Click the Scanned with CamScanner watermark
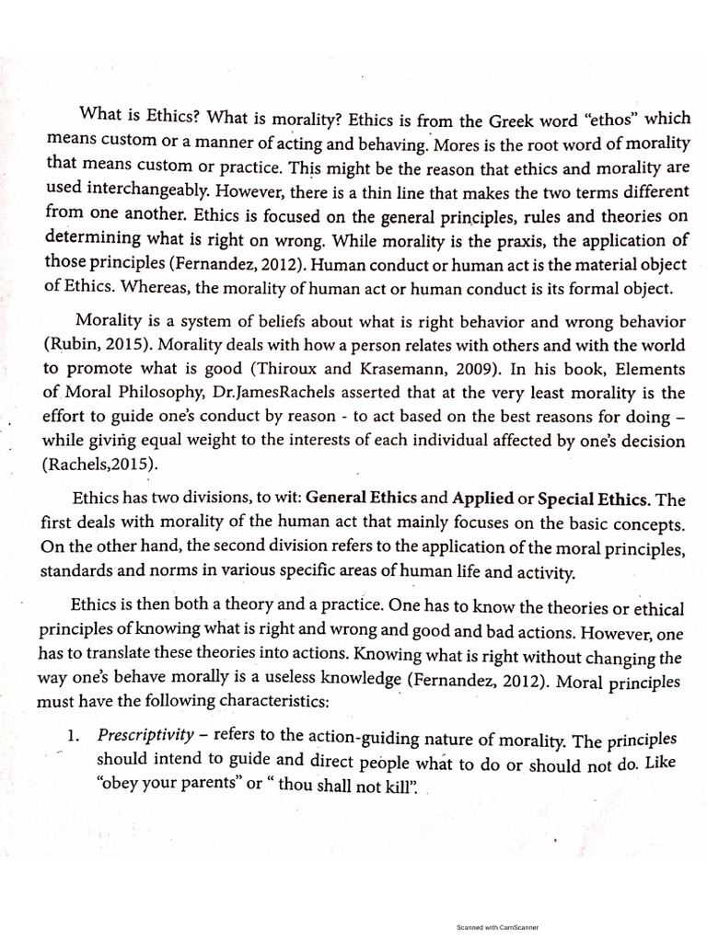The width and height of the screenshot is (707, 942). [x=497, y=928]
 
